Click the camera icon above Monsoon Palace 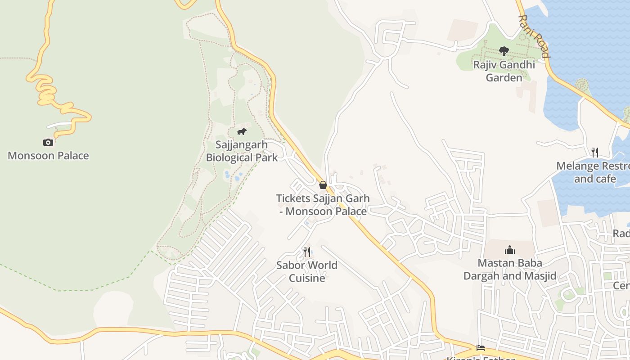coord(48,142)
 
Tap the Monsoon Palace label coord(48,156)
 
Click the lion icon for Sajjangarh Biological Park coord(242,132)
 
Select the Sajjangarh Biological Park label coord(242,151)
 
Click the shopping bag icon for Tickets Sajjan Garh coord(323,184)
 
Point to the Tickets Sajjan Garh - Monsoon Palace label coord(323,204)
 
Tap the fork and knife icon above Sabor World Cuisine coord(307,252)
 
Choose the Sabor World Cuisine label coord(307,271)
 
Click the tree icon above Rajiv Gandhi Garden coord(504,51)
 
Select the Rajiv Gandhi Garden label coord(504,71)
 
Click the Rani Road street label coord(534,37)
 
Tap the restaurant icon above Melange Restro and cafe coord(595,152)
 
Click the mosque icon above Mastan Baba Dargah coord(510,249)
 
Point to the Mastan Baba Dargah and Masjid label coord(510,269)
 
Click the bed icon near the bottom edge coord(481,348)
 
